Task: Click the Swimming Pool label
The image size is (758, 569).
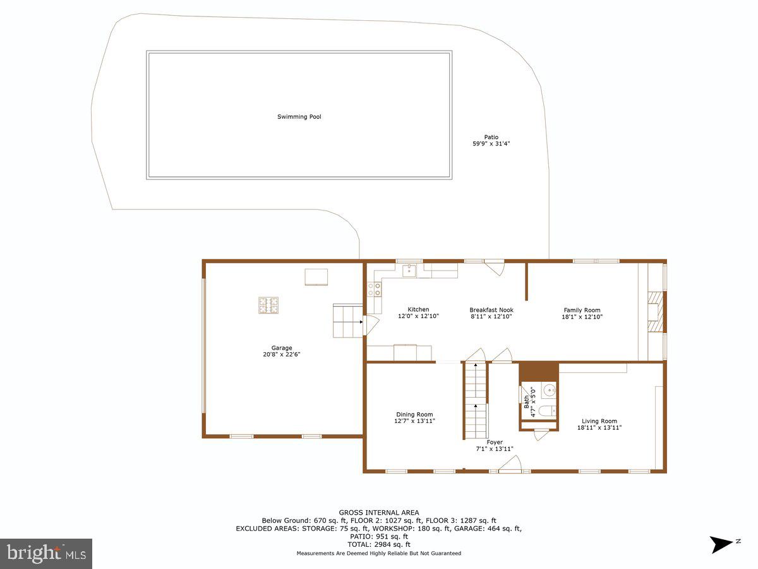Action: [299, 117]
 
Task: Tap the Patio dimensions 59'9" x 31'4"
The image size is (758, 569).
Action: [491, 144]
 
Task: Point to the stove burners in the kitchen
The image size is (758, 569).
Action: [374, 289]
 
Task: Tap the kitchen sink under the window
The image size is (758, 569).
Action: [409, 271]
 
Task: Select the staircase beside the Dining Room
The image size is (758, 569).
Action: [475, 401]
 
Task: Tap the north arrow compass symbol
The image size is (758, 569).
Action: [721, 544]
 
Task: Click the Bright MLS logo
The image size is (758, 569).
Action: [46, 553]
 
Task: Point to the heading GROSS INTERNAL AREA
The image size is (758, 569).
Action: [378, 513]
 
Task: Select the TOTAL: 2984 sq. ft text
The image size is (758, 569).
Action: [378, 544]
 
